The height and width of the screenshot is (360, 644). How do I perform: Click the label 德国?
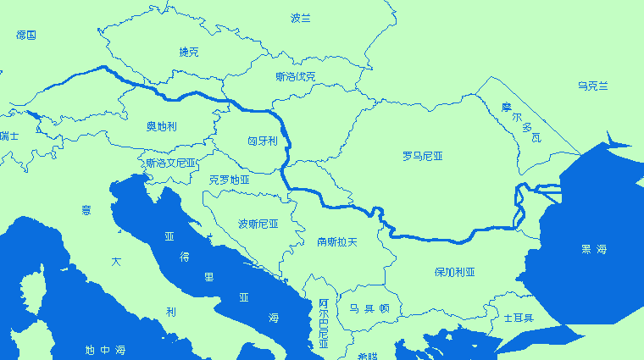[26, 36]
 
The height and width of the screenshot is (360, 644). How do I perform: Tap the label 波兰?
[301, 18]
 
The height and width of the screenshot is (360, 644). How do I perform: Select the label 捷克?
[189, 53]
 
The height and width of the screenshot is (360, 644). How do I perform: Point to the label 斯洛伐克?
[295, 77]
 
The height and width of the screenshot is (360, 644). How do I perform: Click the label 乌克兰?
[593, 86]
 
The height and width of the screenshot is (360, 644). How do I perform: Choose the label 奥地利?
[161, 126]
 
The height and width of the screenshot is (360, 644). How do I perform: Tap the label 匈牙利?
[262, 141]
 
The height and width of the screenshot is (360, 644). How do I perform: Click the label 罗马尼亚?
[422, 156]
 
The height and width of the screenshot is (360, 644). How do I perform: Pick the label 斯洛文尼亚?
[170, 163]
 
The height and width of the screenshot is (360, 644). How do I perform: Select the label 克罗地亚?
[229, 180]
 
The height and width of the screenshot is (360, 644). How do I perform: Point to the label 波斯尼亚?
[258, 224]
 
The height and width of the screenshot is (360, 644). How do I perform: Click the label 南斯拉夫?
[337, 241]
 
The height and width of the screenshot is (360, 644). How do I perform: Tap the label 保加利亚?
[454, 272]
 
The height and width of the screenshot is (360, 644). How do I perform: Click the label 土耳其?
[518, 318]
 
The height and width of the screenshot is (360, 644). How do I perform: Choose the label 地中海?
[105, 350]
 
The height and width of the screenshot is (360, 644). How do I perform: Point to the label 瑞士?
[8, 136]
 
